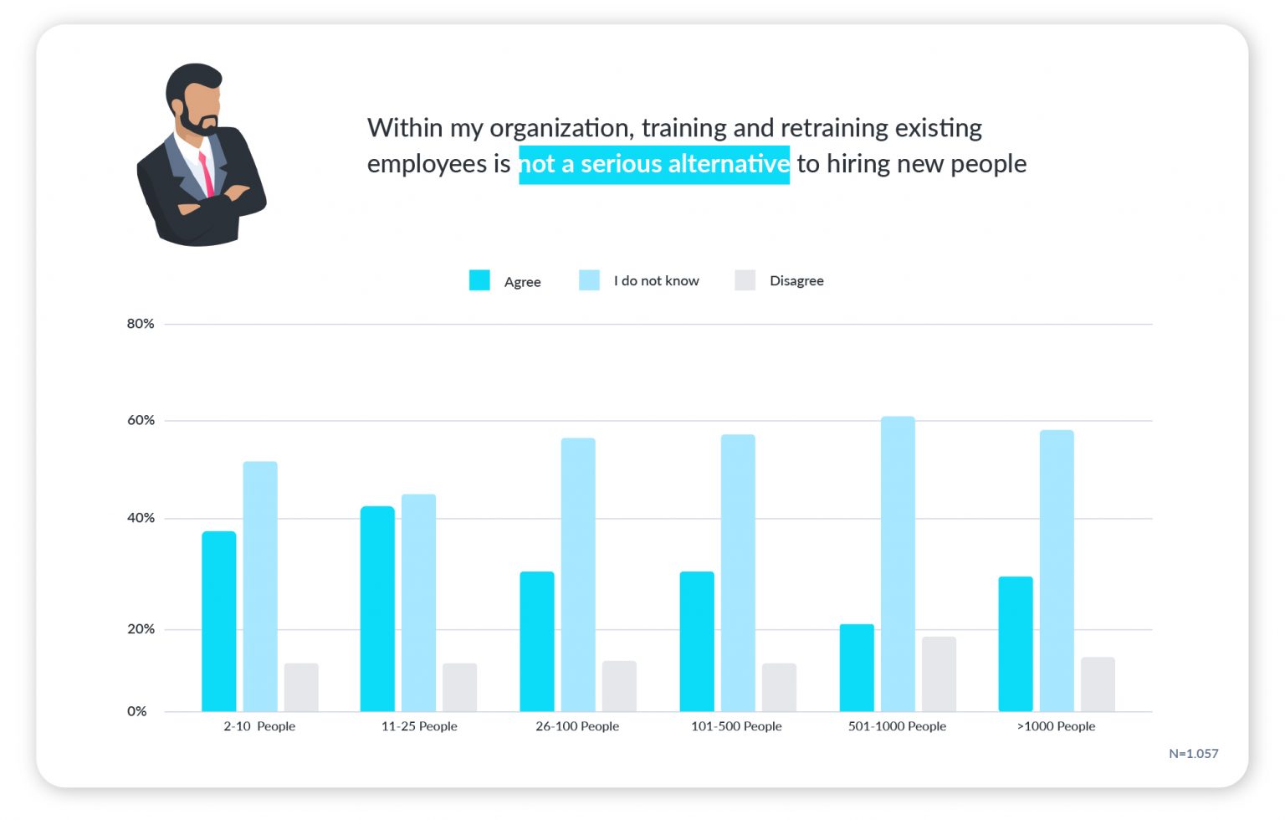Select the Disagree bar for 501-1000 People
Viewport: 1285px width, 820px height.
tap(939, 674)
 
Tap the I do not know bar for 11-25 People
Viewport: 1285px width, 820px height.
tap(418, 602)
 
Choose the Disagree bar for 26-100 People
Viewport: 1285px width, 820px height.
tap(619, 686)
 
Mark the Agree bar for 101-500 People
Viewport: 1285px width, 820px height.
tap(697, 641)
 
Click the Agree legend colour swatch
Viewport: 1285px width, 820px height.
tap(479, 280)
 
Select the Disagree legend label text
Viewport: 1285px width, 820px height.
tap(796, 281)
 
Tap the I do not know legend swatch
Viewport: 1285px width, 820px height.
tap(589, 280)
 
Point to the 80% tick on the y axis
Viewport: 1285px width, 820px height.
tap(141, 324)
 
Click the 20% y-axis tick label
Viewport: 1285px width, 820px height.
tap(141, 629)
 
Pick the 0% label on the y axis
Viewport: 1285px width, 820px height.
tap(137, 711)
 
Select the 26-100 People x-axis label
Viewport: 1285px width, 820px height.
tap(577, 726)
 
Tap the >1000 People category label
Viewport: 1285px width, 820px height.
tap(1056, 726)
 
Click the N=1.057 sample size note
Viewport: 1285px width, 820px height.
tap(1193, 754)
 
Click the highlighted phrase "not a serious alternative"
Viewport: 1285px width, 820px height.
tap(654, 164)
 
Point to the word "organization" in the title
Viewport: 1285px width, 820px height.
tap(561, 128)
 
